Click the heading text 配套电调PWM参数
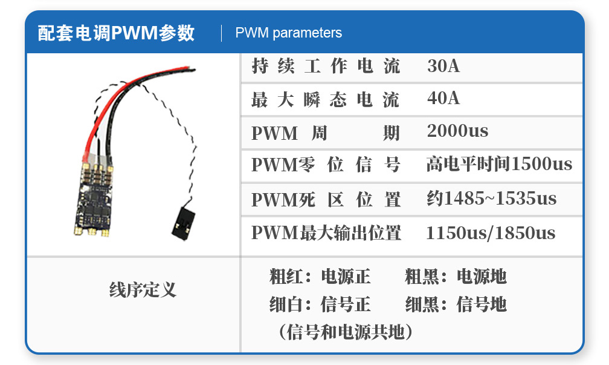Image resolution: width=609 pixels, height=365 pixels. (x=116, y=33)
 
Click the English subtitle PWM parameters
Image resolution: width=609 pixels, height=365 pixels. (x=288, y=33)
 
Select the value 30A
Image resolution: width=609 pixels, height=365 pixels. (x=443, y=66)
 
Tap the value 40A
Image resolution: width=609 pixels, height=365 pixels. (x=443, y=98)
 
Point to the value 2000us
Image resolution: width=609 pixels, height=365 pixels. (x=457, y=131)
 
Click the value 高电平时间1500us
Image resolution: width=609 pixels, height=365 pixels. (x=498, y=164)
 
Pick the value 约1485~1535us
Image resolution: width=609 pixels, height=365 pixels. (x=491, y=199)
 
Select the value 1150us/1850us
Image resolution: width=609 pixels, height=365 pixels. (x=490, y=233)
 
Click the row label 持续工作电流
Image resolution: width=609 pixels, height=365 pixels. (x=326, y=66)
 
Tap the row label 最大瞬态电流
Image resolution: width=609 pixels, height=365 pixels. (x=326, y=99)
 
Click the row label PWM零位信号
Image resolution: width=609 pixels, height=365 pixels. (x=326, y=165)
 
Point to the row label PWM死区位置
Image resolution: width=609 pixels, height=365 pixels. (x=326, y=199)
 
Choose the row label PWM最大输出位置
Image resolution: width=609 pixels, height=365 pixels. (x=326, y=233)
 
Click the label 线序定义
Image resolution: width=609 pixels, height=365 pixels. (x=143, y=289)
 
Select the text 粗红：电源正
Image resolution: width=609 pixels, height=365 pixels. (x=320, y=277)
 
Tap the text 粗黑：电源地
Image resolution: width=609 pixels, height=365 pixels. (x=456, y=277)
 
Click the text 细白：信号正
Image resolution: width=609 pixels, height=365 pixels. (x=320, y=304)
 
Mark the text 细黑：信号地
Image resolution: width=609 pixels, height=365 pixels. (x=456, y=304)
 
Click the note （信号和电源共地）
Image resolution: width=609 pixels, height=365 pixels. (x=346, y=332)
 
